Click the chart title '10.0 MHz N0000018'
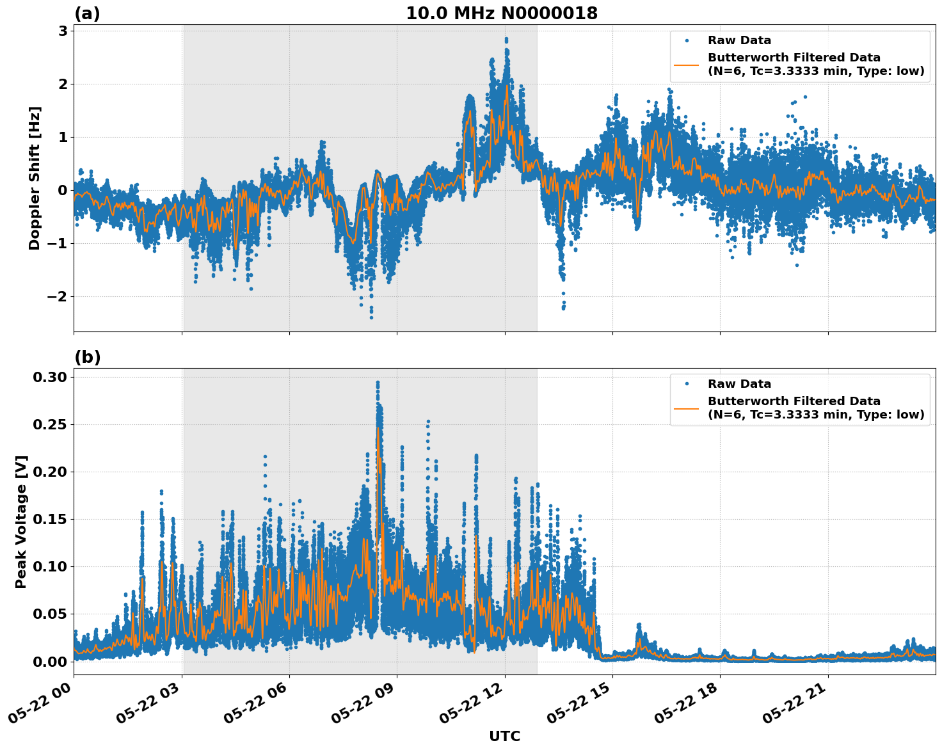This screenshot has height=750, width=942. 501,13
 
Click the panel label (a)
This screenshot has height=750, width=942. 87,13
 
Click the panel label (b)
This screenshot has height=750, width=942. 87,357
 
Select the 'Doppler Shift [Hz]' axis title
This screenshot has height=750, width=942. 35,178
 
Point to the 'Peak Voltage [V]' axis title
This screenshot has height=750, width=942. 21,522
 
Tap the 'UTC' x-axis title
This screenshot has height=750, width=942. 504,736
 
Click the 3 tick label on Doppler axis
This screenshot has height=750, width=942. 62,31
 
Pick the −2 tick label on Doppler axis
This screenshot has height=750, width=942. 56,296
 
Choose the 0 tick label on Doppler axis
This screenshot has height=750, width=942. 62,190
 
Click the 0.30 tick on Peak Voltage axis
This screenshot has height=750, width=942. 50,377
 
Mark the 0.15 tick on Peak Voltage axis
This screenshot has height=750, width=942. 50,519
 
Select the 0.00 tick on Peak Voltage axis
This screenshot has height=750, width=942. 50,661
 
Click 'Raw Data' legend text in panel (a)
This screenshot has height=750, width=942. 739,40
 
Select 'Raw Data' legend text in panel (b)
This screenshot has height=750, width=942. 739,384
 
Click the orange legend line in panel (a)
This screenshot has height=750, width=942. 686,65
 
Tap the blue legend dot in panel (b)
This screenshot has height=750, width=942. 686,384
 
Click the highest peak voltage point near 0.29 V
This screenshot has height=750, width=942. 378,383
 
